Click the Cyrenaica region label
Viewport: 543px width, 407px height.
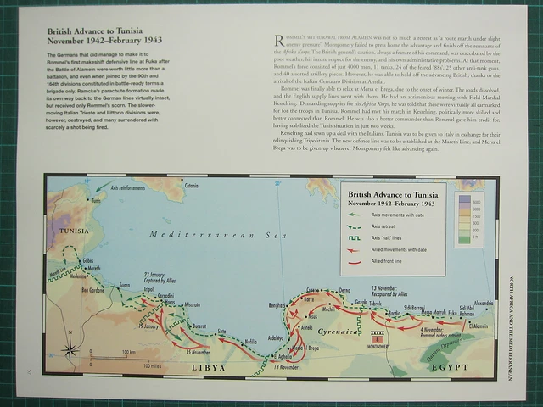(342, 324)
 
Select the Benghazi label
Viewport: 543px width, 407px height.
(278, 304)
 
